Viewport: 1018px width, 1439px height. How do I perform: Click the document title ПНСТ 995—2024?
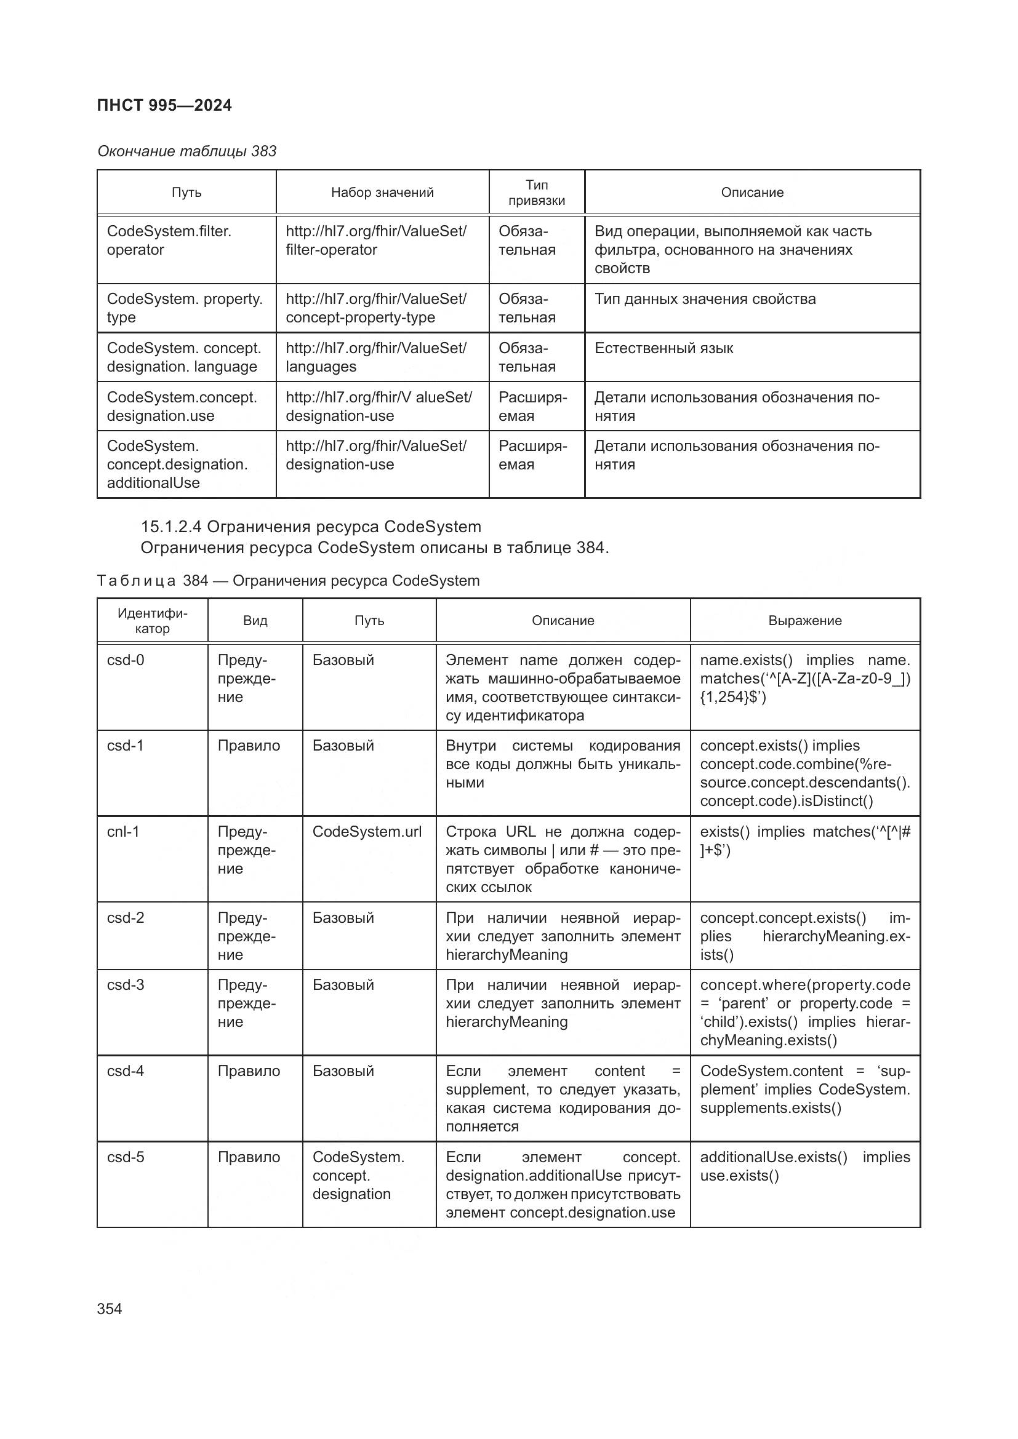[164, 105]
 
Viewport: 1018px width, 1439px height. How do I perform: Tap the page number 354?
[110, 1309]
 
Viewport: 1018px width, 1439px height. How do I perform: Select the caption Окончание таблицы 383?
[187, 151]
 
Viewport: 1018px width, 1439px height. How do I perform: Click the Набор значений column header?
[382, 193]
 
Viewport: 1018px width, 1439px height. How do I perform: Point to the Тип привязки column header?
[537, 193]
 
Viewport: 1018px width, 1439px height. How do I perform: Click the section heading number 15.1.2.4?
[170, 527]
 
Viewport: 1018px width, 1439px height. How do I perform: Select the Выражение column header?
[805, 621]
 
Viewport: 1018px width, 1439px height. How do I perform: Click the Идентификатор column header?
[152, 621]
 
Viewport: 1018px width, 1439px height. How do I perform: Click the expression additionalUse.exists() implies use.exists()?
[805, 1166]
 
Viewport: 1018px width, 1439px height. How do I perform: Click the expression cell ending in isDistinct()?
[805, 773]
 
